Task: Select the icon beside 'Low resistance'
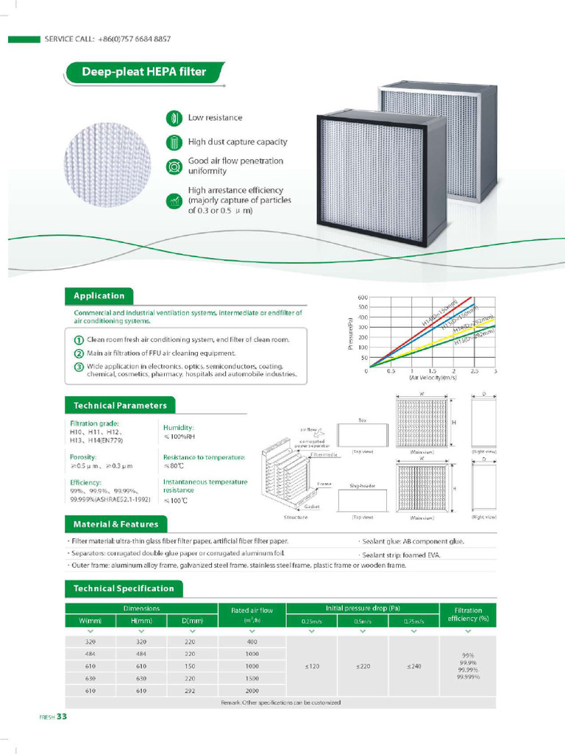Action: pyautogui.click(x=174, y=118)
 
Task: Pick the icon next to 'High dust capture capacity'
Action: pyautogui.click(x=174, y=142)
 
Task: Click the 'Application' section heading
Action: pyautogui.click(x=99, y=296)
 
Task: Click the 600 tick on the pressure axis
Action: pyautogui.click(x=363, y=297)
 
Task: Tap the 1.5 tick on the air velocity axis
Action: pyautogui.click(x=433, y=371)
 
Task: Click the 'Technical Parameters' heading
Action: pyautogui.click(x=119, y=405)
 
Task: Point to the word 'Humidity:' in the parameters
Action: pyautogui.click(x=179, y=427)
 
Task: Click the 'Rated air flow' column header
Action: pyautogui.click(x=252, y=610)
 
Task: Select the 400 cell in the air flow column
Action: pyautogui.click(x=252, y=641)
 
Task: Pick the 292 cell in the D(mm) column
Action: pyautogui.click(x=190, y=691)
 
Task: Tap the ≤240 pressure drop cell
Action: pyautogui.click(x=414, y=666)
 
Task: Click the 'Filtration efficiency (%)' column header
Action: pyautogui.click(x=468, y=614)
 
